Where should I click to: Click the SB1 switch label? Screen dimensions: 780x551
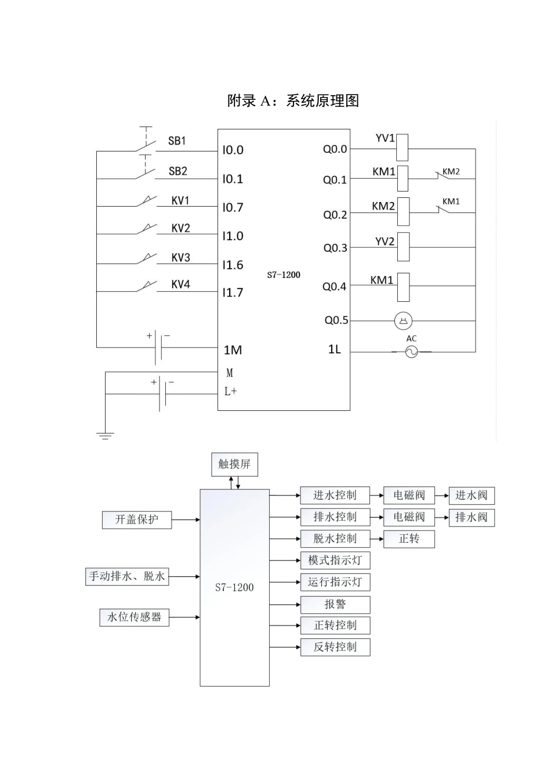(x=177, y=141)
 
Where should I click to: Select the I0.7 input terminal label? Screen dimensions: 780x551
(x=233, y=208)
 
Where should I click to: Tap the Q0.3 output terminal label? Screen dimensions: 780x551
(x=335, y=248)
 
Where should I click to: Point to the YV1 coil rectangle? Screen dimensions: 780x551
(x=403, y=147)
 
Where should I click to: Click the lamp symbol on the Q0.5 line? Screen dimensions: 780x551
(x=403, y=320)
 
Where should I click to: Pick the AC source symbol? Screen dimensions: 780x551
(x=411, y=352)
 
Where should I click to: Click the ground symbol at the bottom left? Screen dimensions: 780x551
(x=105, y=435)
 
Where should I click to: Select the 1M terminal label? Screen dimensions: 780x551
(x=233, y=350)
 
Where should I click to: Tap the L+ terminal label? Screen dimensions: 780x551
(x=231, y=392)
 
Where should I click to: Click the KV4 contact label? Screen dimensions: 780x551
(x=180, y=284)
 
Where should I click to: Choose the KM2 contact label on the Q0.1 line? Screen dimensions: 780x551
(x=451, y=172)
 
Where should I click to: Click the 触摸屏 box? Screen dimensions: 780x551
(x=234, y=464)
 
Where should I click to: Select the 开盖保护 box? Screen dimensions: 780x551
(x=136, y=519)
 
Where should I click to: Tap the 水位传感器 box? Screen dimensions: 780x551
(x=134, y=617)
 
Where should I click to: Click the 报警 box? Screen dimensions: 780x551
(x=335, y=605)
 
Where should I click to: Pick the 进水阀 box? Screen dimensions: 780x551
(x=472, y=496)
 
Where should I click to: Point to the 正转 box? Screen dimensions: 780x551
(x=409, y=539)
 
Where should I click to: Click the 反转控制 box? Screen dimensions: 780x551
(x=335, y=647)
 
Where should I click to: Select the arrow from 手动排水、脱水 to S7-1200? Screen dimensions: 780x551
(x=184, y=577)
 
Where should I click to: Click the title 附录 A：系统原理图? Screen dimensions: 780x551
(x=293, y=101)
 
